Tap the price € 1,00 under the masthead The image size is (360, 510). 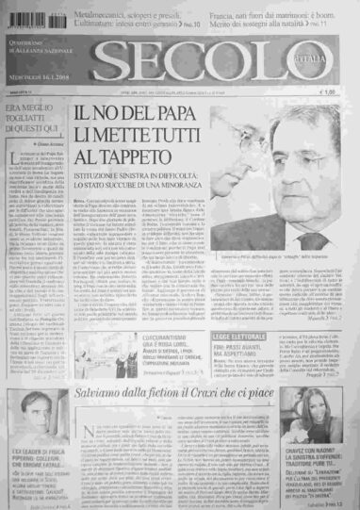click(327, 92)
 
